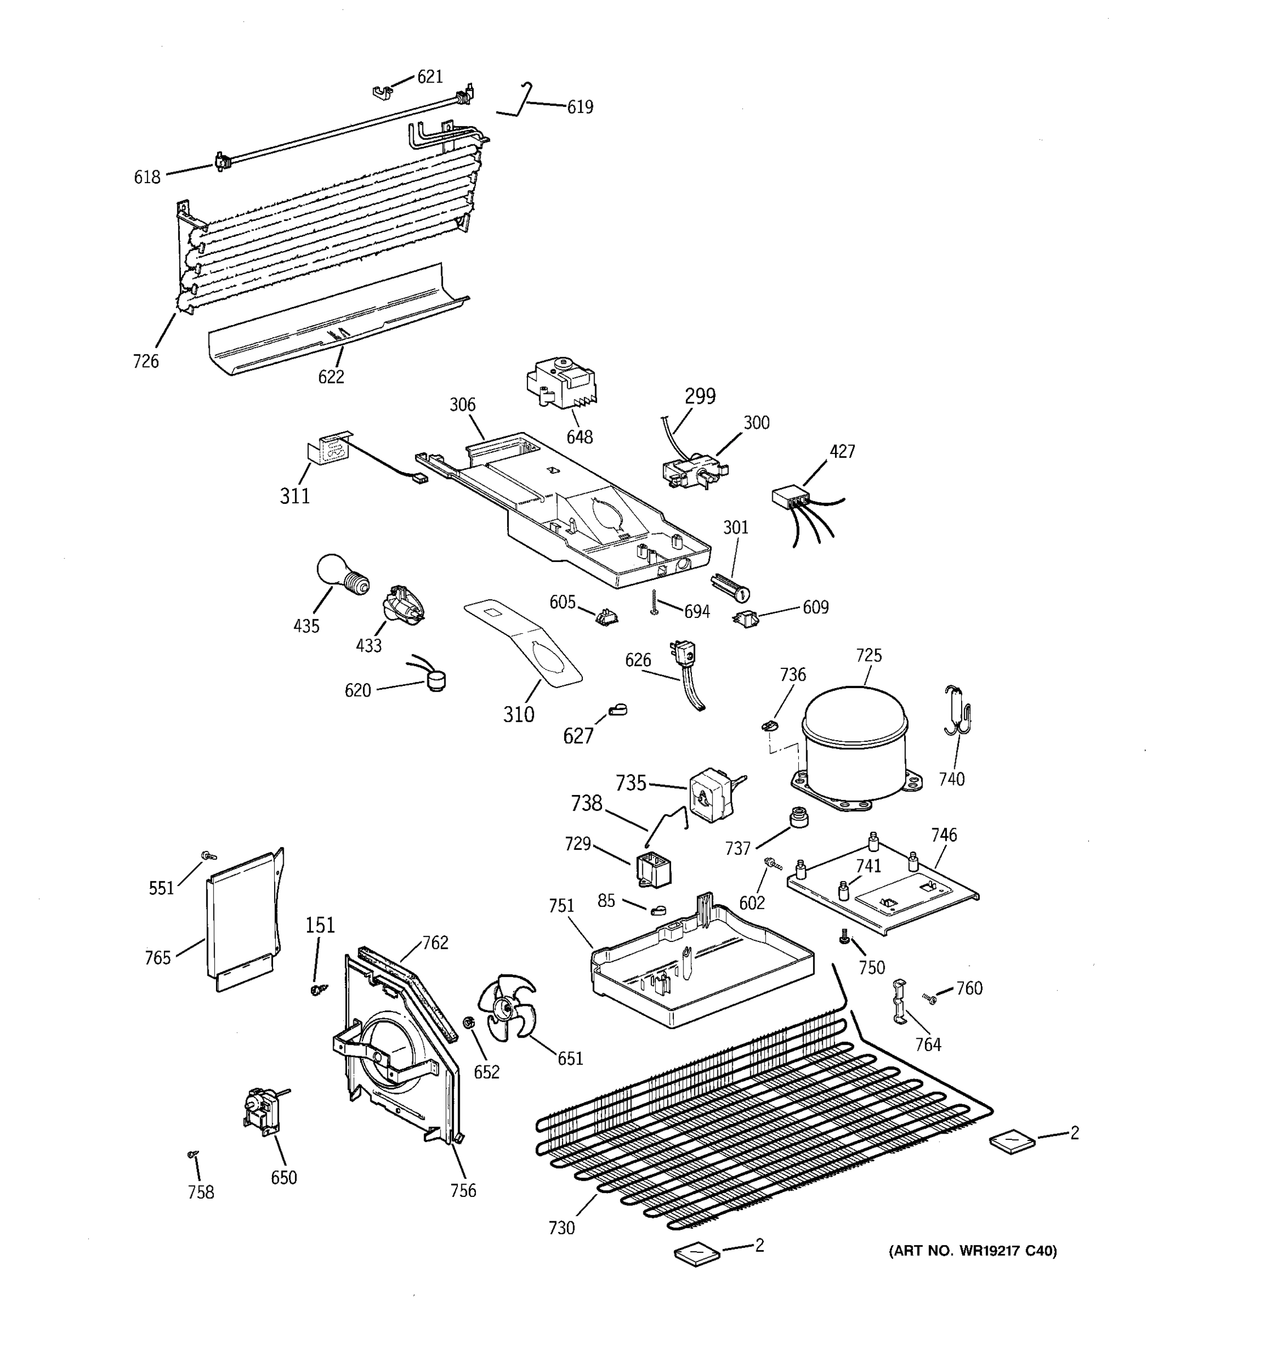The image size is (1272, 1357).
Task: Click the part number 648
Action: click(x=579, y=437)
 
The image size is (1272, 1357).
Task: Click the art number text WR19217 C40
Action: click(x=972, y=1251)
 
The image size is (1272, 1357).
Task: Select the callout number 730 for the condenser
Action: click(x=561, y=1228)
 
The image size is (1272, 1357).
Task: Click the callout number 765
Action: click(x=158, y=958)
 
